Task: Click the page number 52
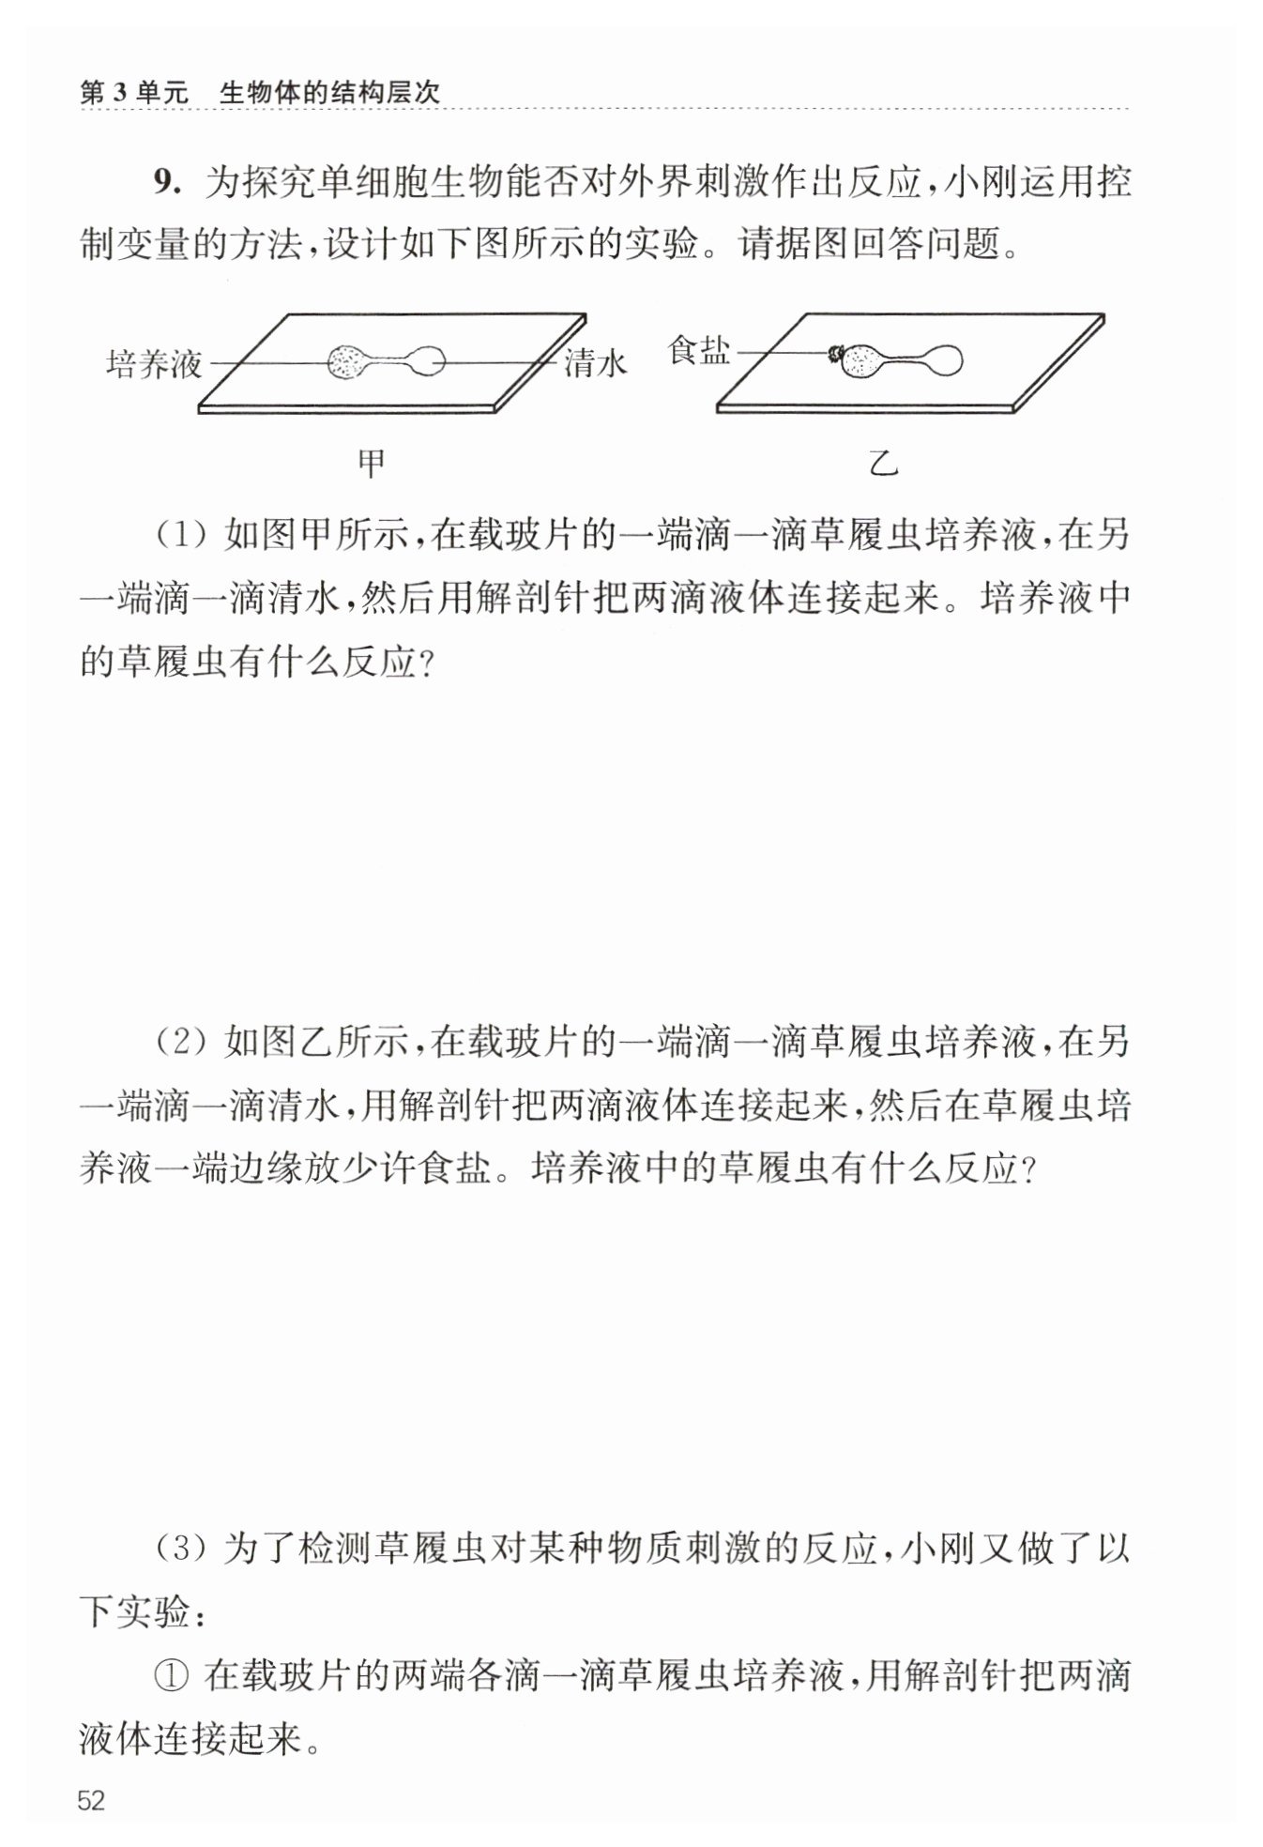[92, 1800]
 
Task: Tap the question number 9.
[166, 181]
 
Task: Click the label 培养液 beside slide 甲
[154, 364]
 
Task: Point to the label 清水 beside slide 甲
[595, 363]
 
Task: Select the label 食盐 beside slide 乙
[698, 351]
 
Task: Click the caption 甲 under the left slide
[372, 464]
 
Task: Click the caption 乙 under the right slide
[883, 464]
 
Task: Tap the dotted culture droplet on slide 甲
[349, 362]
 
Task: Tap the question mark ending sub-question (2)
[1027, 1170]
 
